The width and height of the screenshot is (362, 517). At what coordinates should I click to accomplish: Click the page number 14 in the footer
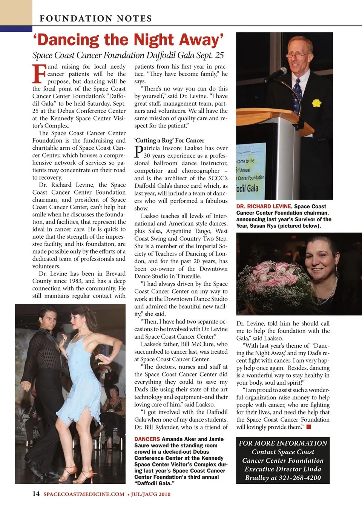coord(36,494)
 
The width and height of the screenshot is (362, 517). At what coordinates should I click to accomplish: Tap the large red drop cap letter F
coord(39,74)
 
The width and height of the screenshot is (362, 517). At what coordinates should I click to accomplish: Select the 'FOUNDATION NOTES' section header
coord(96,18)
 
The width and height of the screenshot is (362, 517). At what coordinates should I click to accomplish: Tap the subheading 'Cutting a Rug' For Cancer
coord(169,140)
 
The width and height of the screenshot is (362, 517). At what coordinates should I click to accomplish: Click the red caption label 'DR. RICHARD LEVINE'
coord(264,206)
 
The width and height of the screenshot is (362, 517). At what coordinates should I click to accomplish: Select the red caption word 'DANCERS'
coord(147,439)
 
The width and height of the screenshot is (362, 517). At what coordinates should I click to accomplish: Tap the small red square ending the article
coord(308,427)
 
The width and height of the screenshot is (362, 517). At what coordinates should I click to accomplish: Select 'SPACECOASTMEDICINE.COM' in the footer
coord(84,494)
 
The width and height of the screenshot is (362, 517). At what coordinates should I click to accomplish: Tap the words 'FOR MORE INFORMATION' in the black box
coord(283,443)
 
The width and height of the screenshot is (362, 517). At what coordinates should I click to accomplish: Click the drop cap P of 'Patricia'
coord(138,151)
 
